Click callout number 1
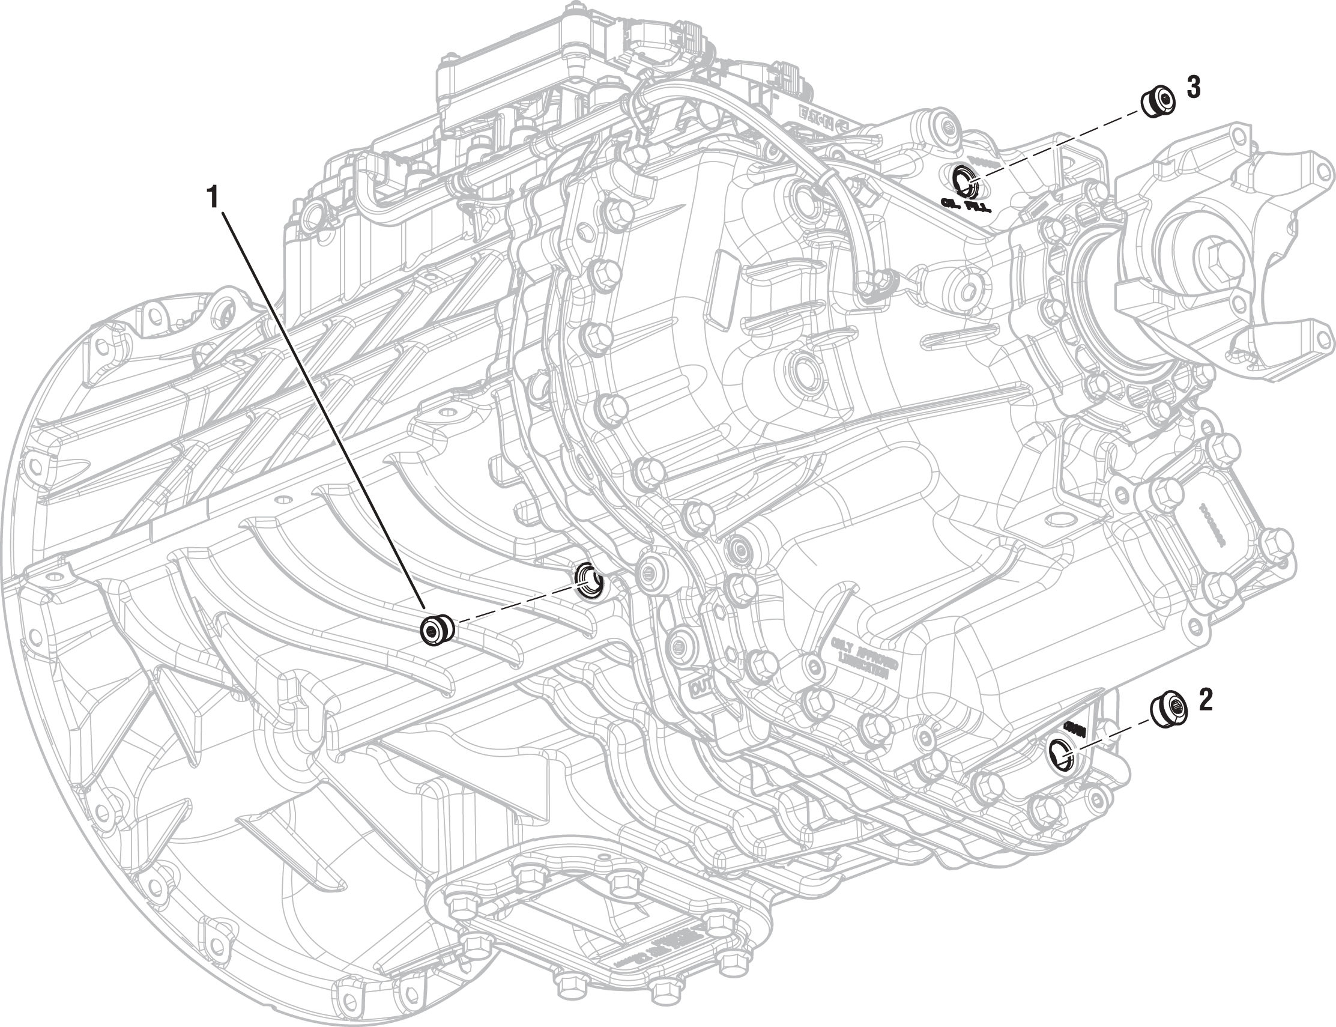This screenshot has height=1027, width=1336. click(213, 198)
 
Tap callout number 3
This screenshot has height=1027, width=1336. click(1192, 88)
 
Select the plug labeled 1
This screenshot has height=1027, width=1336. click(438, 629)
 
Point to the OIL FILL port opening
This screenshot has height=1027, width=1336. click(965, 180)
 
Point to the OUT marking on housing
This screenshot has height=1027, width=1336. click(700, 689)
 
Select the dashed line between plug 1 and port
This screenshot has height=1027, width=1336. click(513, 605)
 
